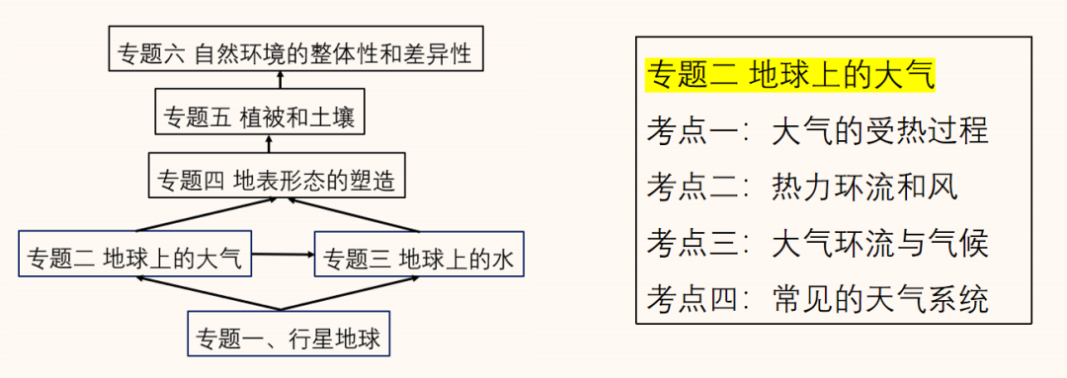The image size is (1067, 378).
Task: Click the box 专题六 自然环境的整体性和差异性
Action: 296,50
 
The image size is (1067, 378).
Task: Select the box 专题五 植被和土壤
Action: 262,116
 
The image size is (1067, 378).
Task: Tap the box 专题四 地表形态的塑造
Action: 276,181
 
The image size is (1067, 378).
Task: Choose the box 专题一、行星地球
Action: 287,335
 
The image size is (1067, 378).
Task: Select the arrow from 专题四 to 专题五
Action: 267,145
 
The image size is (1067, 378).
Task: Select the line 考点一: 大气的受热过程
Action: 817,131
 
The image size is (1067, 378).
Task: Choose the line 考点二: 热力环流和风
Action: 802,186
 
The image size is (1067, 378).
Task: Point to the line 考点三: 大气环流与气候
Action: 817,242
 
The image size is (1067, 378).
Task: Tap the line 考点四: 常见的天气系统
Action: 817,298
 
